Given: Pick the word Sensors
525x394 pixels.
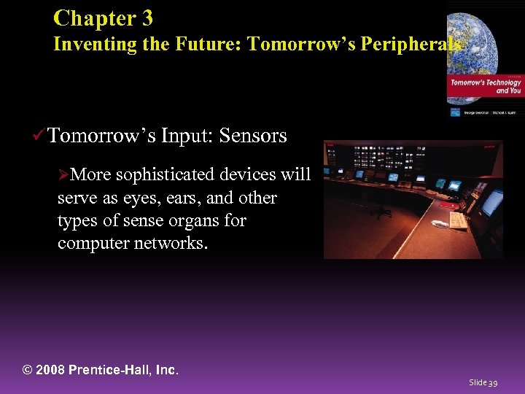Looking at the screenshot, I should tap(253, 136).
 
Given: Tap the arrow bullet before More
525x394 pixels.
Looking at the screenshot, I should tap(63, 175).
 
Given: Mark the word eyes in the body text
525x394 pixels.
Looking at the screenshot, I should tap(147, 198).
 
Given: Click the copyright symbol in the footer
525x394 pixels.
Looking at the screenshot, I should tap(29, 370).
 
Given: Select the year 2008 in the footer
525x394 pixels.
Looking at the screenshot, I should tap(51, 370).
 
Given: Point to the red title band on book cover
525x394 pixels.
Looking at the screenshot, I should tap(485, 87).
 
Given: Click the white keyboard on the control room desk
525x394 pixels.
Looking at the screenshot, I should tap(458, 220).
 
